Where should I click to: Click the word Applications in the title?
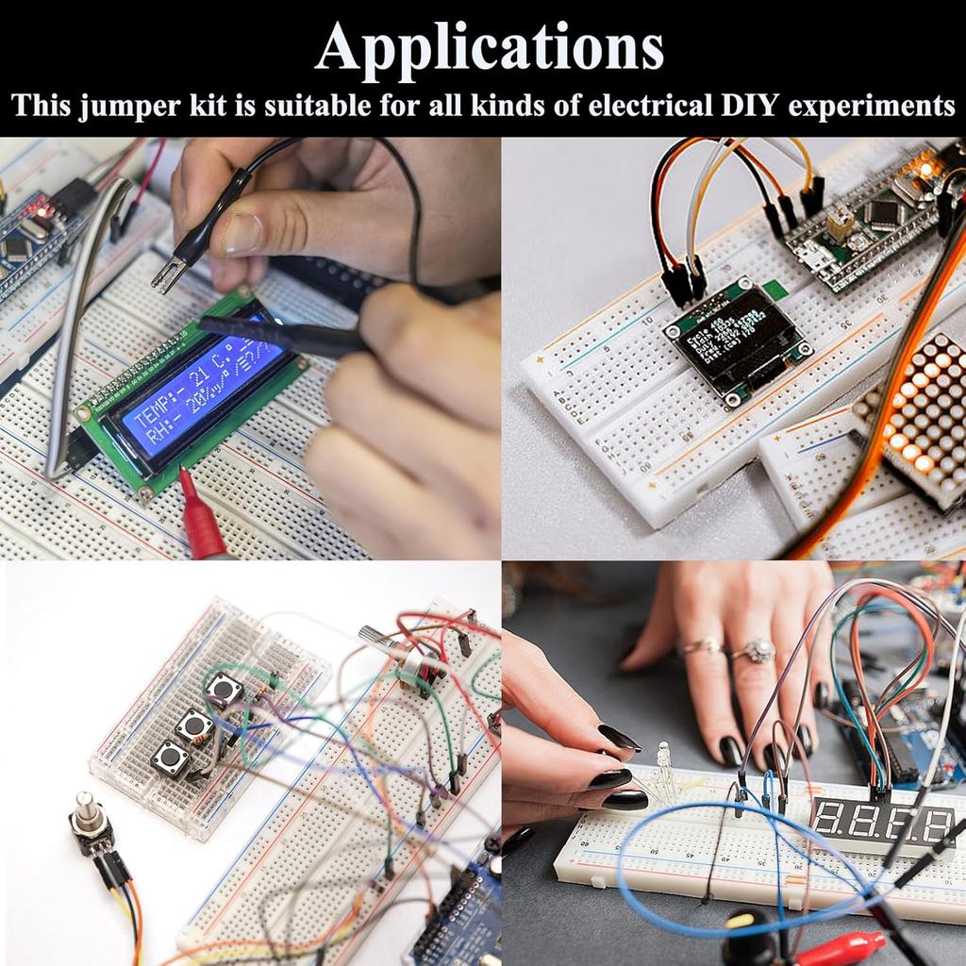click(x=489, y=46)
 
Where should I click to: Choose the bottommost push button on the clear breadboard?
click(x=170, y=758)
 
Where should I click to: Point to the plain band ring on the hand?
click(x=701, y=645)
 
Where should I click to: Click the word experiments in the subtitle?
click(x=872, y=106)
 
